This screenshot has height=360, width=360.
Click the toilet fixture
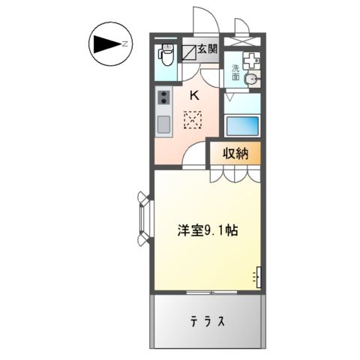click(166, 56)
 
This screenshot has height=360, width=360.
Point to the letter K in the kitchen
click(193, 95)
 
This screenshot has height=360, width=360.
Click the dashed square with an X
click(193, 119)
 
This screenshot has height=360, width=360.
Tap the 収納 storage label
click(235, 153)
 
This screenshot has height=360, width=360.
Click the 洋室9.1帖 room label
click(208, 231)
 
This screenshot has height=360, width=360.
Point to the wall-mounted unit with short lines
click(259, 277)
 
